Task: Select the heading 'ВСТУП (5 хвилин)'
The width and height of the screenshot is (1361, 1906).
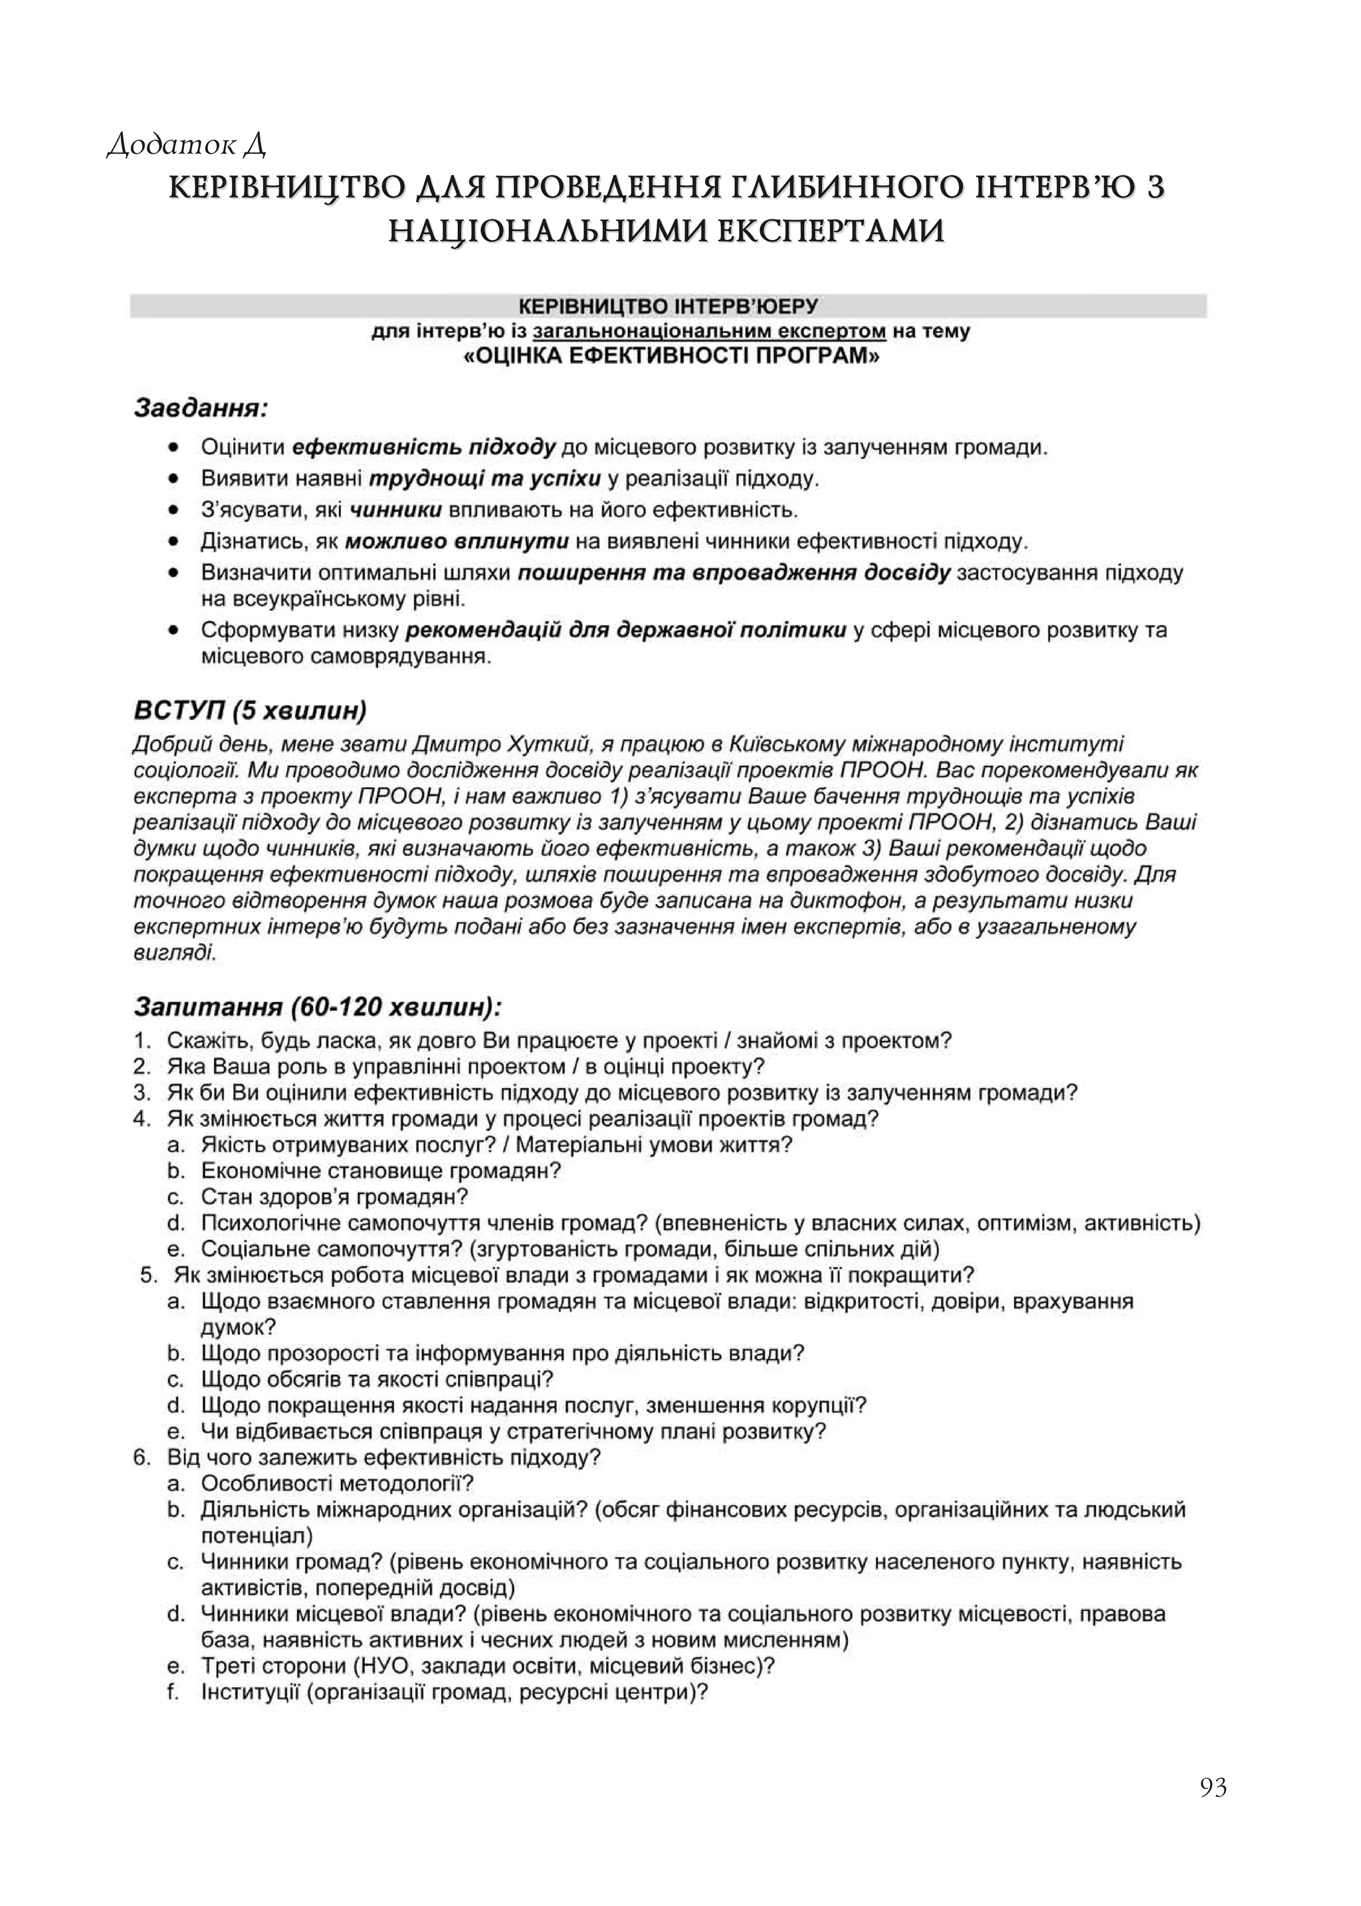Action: click(250, 711)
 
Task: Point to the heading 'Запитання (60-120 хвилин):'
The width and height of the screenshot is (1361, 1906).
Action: click(318, 1005)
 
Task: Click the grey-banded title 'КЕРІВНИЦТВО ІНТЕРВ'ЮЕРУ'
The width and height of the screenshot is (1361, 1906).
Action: click(668, 306)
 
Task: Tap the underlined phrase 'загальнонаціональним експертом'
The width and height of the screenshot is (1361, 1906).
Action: click(709, 331)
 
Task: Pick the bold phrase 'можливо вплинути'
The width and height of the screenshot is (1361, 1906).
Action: click(457, 541)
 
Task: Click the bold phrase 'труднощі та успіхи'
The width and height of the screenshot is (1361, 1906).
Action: click(485, 479)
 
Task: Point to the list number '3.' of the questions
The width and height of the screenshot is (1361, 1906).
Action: click(142, 1093)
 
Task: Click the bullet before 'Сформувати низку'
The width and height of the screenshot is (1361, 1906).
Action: click(173, 630)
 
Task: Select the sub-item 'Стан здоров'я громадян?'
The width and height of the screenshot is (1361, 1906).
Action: click(334, 1197)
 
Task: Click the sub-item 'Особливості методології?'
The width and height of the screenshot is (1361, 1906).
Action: click(337, 1484)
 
